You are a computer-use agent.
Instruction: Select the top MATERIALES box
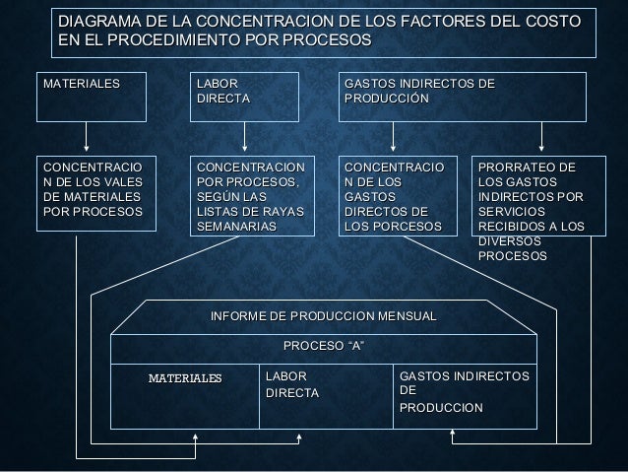point(87,95)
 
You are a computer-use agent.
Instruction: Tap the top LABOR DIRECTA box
point(244,95)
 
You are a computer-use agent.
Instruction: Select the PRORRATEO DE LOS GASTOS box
point(539,207)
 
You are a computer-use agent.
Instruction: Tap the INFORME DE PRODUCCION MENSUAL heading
point(324,315)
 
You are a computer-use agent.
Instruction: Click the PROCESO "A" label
point(324,347)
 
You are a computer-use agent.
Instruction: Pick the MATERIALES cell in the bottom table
point(185,378)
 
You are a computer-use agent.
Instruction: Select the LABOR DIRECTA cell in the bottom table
point(292,385)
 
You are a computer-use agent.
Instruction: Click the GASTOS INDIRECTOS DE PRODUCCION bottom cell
point(463,392)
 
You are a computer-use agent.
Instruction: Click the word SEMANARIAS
point(237,228)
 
